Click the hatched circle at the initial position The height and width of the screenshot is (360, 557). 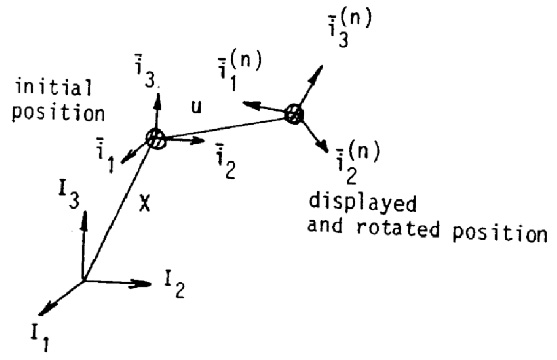(157, 140)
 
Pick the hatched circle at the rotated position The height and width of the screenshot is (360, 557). (293, 113)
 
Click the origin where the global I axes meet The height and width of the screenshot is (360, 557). (82, 279)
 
